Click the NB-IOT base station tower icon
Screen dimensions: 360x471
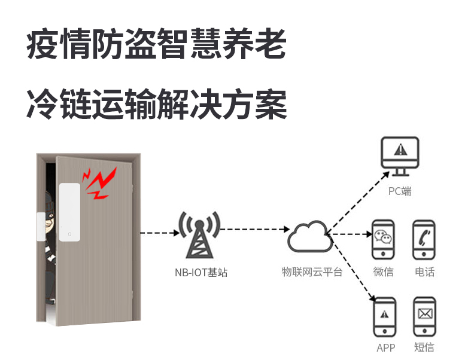[x=199, y=235]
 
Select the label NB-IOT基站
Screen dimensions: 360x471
[x=200, y=273]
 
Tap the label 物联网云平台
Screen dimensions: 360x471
[x=312, y=272]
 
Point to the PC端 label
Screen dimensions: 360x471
[x=400, y=191]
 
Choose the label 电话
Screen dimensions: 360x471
[x=424, y=272]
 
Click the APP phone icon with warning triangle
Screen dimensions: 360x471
[x=384, y=315]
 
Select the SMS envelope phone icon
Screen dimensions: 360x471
[x=424, y=315]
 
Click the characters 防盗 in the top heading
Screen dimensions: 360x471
[x=124, y=46]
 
